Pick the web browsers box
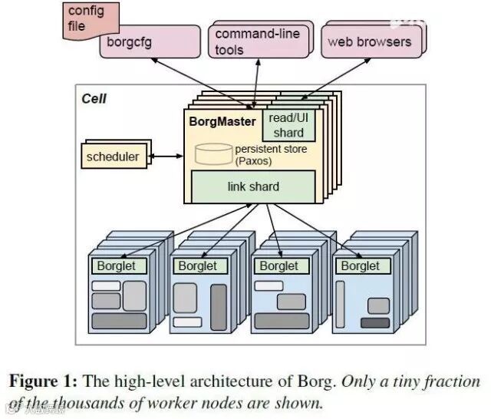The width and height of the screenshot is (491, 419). (369, 41)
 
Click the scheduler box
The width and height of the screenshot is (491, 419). (114, 157)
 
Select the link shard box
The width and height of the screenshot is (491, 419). (253, 186)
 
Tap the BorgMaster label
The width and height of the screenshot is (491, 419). (222, 121)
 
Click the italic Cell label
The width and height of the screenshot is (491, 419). (94, 99)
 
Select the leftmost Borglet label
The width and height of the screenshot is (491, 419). (116, 266)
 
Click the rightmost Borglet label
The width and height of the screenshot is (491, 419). (360, 266)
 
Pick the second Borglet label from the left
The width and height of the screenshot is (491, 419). (197, 266)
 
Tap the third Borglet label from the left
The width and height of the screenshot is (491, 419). (278, 266)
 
